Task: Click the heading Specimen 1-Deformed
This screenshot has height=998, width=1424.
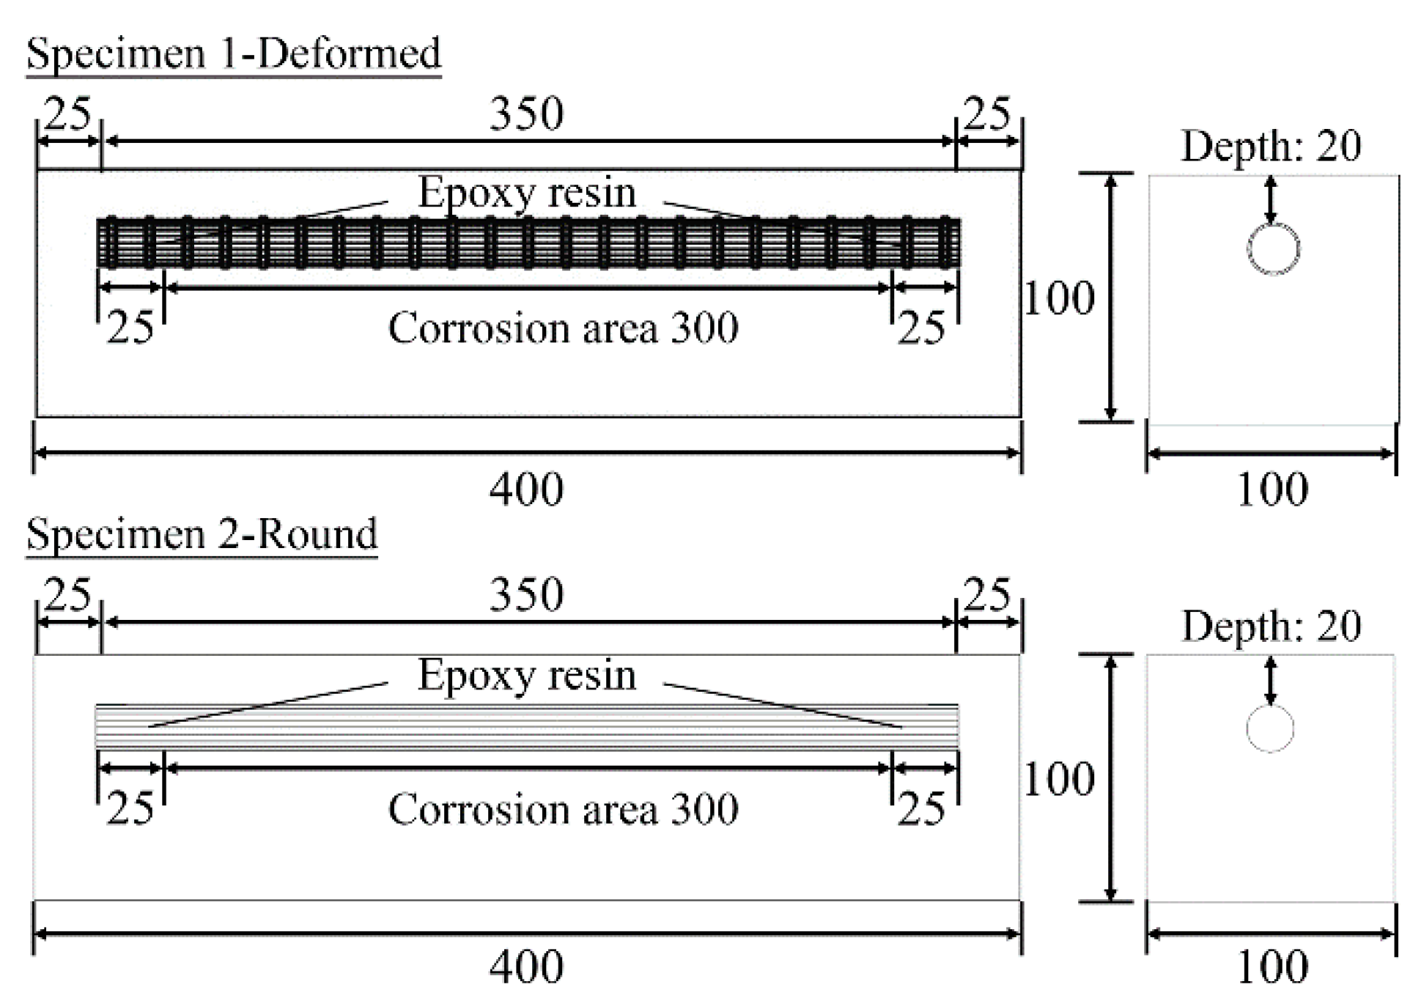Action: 233,53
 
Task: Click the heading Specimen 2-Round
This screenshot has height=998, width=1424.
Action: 202,534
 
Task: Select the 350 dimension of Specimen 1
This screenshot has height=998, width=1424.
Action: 526,114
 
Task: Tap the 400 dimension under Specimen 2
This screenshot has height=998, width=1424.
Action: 526,966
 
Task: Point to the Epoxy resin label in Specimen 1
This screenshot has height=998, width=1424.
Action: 526,193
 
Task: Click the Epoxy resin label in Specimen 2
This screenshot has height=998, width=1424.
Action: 526,675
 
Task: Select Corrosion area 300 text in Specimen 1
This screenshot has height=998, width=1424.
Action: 563,328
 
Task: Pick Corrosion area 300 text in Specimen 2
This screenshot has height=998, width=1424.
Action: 563,809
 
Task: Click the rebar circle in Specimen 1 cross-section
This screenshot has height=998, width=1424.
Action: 1273,249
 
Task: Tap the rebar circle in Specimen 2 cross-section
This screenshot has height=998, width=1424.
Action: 1270,728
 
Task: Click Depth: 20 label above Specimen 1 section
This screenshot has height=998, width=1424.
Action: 1271,146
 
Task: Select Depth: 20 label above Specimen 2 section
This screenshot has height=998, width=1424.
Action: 1271,626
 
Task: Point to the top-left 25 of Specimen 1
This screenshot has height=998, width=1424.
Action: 68,114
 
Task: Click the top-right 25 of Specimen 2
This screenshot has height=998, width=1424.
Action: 987,594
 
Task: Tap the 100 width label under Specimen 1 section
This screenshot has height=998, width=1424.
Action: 1272,489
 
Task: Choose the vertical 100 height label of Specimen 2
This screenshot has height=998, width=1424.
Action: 1058,779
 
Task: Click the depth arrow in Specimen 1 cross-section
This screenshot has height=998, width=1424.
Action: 1271,199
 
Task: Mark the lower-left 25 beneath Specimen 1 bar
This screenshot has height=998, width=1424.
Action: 130,328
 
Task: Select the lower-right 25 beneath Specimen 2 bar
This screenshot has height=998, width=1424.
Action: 921,809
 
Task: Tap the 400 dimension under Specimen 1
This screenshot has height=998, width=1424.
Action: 526,489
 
